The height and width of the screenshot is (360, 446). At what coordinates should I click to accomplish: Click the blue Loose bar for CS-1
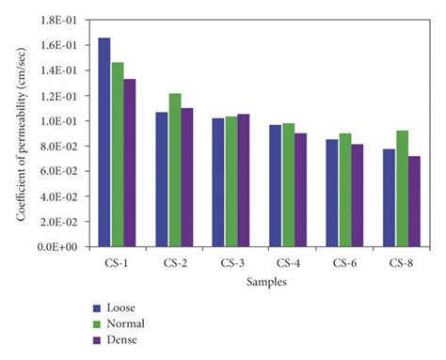coord(104,142)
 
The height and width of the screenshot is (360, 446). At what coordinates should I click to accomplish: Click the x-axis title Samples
coord(258,281)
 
